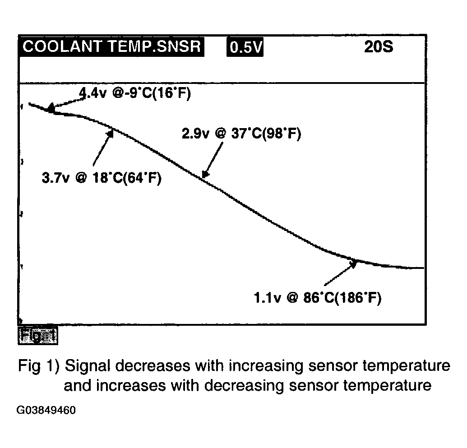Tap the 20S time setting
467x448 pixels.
379,47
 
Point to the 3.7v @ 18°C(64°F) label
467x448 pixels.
102,178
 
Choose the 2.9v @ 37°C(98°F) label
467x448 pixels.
241,134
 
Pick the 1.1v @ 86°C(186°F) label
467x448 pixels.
318,298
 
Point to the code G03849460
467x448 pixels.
46,411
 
